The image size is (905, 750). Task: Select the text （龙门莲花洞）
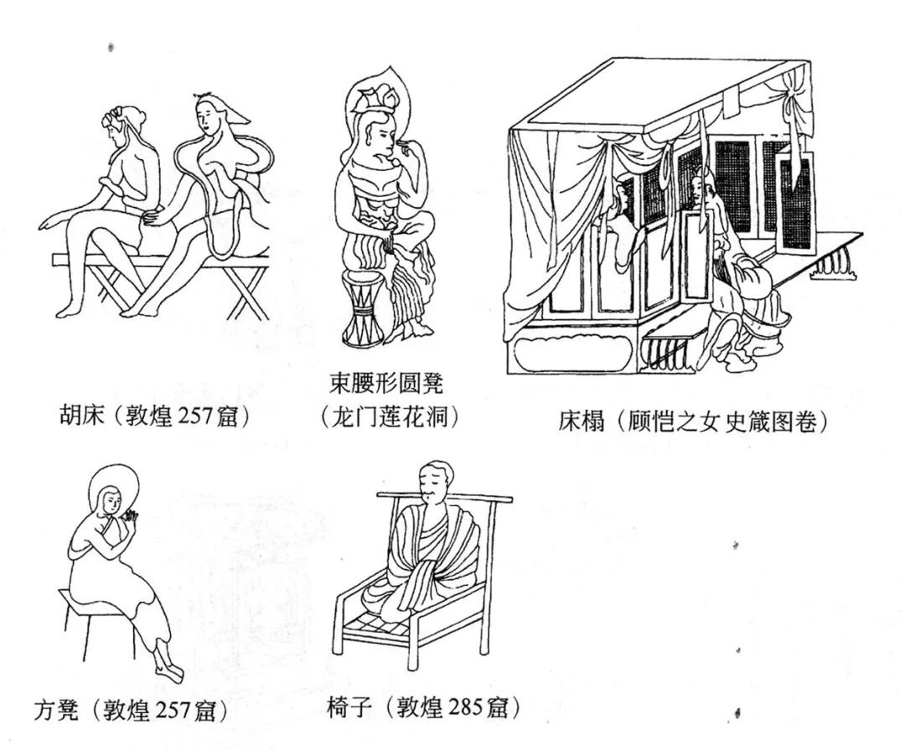click(390, 416)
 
